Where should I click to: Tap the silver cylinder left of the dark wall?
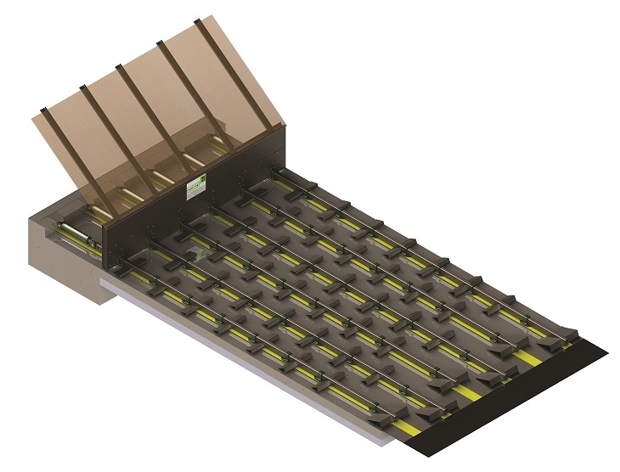(72, 231)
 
